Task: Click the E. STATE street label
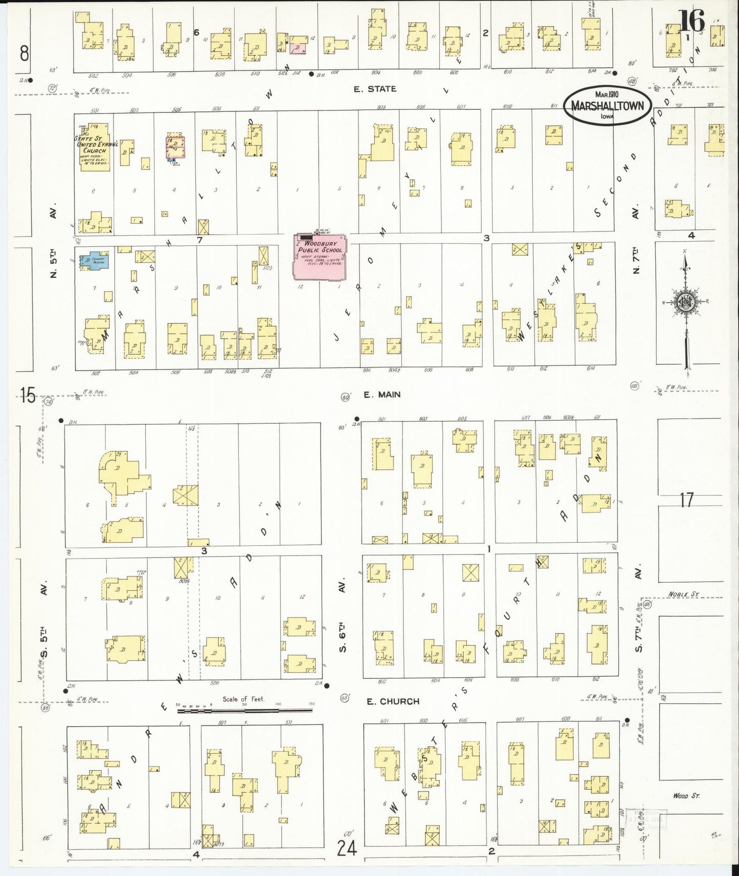tap(375, 89)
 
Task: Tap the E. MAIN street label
tap(382, 395)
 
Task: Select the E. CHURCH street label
tap(392, 701)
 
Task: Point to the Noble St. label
tap(683, 595)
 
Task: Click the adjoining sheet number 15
tap(28, 395)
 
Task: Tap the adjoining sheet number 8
tap(24, 53)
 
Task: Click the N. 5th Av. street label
tap(54, 243)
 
